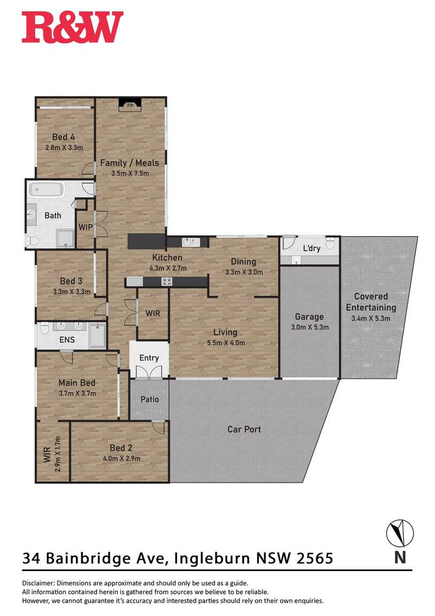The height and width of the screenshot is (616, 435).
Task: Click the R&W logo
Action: coord(73,27)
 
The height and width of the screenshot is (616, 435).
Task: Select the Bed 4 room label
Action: coord(64,137)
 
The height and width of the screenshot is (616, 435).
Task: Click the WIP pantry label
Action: coord(86,227)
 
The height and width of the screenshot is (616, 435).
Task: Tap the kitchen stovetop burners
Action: coord(167,281)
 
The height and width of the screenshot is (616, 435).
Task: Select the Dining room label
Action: coord(243,261)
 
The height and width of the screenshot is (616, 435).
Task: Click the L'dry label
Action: coord(312,249)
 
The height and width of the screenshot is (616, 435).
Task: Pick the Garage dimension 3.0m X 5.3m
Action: coord(310,327)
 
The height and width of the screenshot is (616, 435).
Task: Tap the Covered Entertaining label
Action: coord(371,302)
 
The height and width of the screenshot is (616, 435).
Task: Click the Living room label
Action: coord(225,332)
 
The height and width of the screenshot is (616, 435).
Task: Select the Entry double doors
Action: coord(149,372)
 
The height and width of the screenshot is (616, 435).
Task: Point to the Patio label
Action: coord(149,400)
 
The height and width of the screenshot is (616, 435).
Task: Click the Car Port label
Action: coord(244,430)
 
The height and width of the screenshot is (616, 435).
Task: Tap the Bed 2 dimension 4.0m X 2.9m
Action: coord(121,459)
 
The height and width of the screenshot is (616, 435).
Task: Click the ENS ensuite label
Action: coord(67,340)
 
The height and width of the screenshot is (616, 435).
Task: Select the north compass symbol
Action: coord(400,533)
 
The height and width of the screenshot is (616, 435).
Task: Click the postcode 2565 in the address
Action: coord(315,558)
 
